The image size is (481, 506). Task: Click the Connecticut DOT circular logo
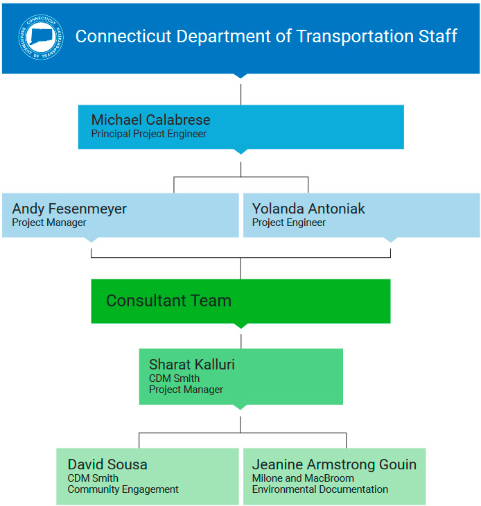point(40,37)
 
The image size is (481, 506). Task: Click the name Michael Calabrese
point(150,120)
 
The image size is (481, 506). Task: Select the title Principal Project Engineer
point(148,134)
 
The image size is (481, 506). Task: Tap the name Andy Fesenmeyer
point(69,209)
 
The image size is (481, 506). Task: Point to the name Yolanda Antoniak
point(308,209)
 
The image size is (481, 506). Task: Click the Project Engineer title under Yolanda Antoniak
point(288,223)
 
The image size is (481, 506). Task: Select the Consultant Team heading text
point(168,301)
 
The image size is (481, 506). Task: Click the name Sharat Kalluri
point(191,365)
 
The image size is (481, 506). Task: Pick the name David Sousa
point(107,464)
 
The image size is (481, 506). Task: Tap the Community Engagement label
point(123,489)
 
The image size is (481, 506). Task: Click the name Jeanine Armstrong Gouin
point(334,464)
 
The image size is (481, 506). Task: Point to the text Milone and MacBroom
point(303,478)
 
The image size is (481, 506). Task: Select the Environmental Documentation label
point(320,489)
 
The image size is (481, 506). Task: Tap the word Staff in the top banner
point(437,36)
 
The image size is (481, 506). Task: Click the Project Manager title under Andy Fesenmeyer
point(49,223)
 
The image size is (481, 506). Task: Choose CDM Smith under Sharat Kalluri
point(174,378)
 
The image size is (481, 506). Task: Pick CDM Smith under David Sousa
point(93,478)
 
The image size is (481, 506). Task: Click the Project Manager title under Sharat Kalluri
point(186,390)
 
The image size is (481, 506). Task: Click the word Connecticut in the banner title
point(120,36)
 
